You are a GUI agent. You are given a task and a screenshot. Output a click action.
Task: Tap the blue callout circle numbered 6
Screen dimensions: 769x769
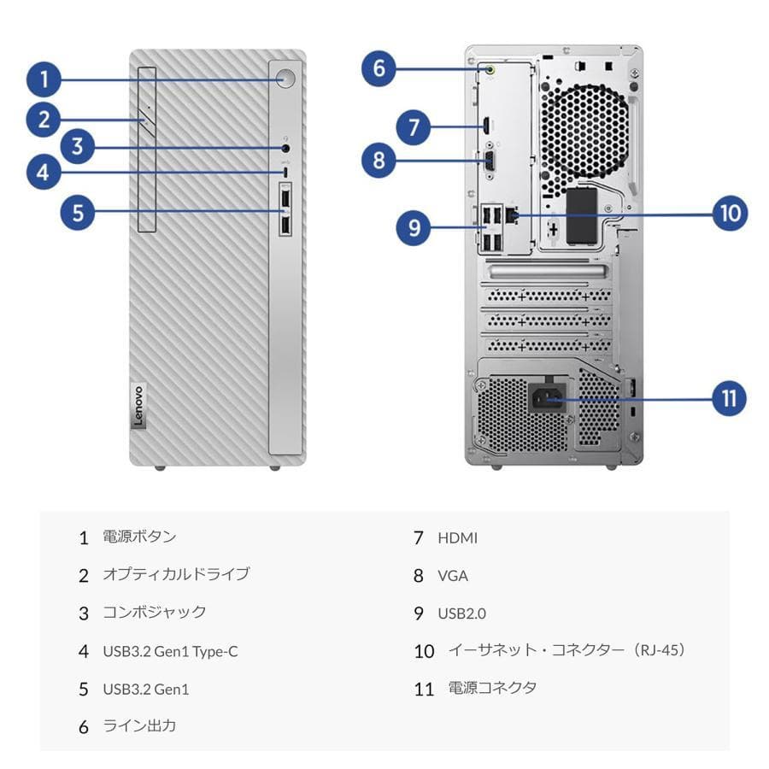[x=379, y=68]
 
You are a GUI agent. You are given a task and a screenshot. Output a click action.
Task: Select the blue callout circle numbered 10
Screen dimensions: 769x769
[x=729, y=213]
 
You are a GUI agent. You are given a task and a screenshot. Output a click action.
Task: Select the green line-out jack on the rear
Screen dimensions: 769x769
[x=491, y=71]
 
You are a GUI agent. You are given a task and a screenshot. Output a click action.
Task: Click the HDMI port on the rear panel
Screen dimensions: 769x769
[x=484, y=126]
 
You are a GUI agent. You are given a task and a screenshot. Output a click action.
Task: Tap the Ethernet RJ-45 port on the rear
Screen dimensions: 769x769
[x=512, y=214]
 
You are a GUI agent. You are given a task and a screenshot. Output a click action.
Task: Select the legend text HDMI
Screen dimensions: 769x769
[x=457, y=538]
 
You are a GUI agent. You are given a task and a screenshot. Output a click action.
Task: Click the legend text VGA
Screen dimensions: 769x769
[x=453, y=576]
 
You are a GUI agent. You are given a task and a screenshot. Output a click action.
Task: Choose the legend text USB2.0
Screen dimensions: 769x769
[x=461, y=613]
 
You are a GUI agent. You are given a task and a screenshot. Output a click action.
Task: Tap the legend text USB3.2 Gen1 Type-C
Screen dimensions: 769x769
[x=170, y=652]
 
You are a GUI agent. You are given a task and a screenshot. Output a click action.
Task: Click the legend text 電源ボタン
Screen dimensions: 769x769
[x=139, y=537]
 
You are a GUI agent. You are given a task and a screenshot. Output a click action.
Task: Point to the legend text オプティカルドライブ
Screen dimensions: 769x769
[x=176, y=574]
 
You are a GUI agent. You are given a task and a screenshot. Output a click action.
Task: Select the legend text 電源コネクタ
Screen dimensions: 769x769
[x=492, y=688]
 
